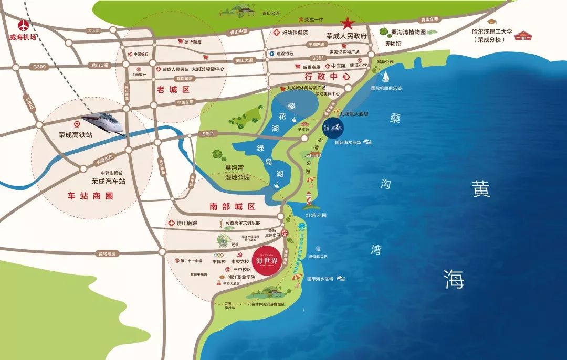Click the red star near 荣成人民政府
(x=347, y=23)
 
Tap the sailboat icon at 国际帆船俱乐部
(x=386, y=77)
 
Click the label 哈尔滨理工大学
(x=492, y=33)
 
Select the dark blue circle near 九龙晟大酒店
(x=333, y=129)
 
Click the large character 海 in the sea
(x=454, y=279)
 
